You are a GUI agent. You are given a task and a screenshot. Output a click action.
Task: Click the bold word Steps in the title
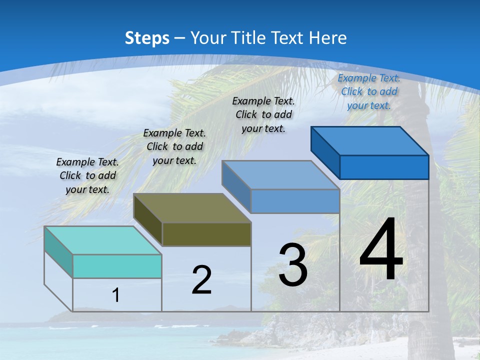(147, 38)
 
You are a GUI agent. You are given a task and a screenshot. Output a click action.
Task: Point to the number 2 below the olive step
(201, 280)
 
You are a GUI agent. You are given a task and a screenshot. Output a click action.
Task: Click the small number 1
(116, 295)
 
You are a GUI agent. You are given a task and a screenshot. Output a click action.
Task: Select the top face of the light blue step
(280, 175)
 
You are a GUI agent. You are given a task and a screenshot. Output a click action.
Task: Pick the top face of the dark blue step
(369, 140)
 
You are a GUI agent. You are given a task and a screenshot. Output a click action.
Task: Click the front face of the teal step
(117, 266)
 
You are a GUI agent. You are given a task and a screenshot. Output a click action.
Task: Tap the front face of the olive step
(206, 234)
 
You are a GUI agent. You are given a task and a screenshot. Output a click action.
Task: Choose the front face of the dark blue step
(384, 167)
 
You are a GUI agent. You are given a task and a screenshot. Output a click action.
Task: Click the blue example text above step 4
(369, 91)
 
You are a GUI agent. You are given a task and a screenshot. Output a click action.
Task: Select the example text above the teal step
(87, 175)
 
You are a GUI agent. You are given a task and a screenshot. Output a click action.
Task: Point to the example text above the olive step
(174, 146)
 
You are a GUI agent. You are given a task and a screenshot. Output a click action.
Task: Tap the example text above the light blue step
(263, 114)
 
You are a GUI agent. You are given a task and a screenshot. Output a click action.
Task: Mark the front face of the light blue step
(295, 201)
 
